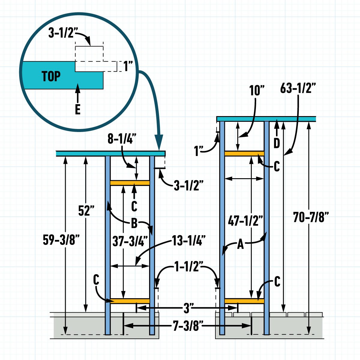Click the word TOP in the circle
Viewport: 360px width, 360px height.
51,76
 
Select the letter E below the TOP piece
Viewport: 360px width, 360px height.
77,110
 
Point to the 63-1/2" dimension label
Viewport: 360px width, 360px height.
298,89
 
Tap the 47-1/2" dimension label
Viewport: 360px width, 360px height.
245,221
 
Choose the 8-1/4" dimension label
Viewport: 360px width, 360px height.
122,140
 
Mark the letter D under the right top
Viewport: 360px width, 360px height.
277,143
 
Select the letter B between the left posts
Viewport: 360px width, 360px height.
134,223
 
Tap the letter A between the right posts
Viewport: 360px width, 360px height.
240,245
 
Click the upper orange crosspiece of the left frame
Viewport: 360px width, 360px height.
130,183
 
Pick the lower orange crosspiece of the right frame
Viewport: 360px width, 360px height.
244,301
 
